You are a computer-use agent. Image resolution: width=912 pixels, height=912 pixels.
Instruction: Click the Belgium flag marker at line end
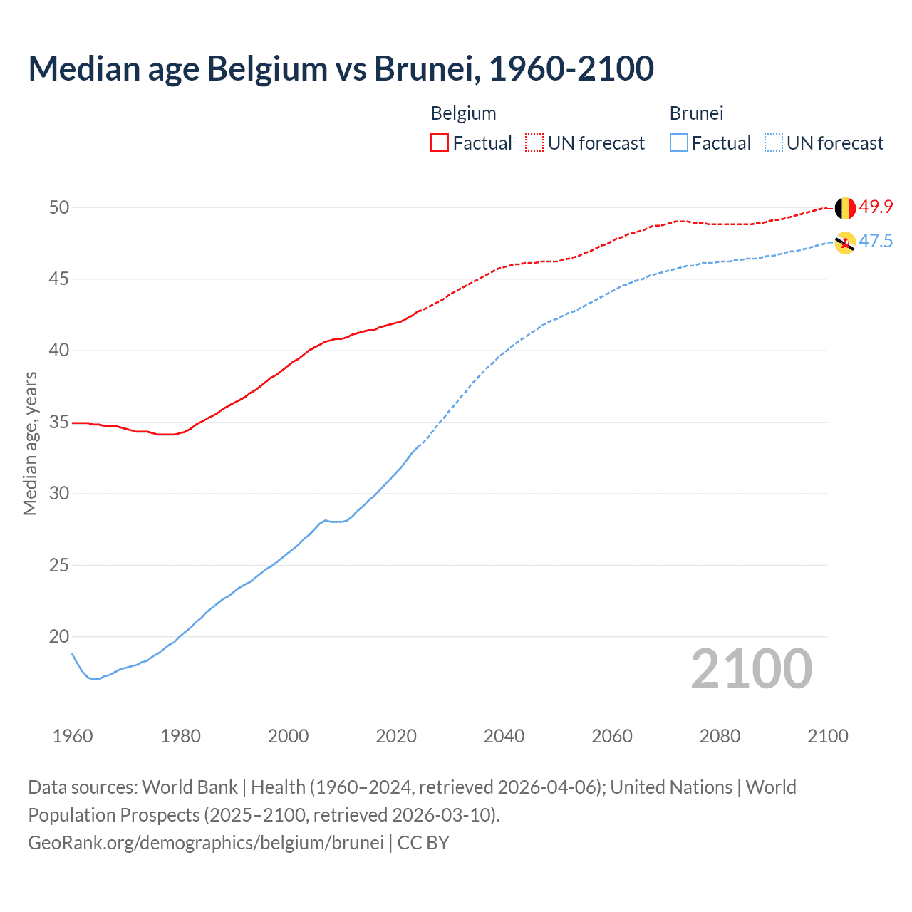click(845, 208)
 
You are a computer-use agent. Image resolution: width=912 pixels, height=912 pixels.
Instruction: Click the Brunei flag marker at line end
click(845, 242)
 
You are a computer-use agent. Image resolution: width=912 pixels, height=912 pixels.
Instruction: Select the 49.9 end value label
click(876, 207)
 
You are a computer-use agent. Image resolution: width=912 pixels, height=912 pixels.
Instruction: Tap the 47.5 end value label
click(876, 241)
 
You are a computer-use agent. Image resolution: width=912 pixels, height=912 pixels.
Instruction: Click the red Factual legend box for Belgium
click(440, 142)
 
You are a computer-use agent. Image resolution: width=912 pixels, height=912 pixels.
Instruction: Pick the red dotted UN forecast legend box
click(534, 142)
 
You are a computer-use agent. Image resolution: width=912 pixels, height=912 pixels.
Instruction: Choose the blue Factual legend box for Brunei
click(679, 142)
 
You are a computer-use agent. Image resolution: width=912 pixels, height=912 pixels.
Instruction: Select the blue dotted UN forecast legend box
click(774, 142)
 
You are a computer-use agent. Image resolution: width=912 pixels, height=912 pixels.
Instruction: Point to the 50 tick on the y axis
click(58, 207)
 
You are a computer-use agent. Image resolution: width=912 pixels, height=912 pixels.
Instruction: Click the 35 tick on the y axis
click(58, 422)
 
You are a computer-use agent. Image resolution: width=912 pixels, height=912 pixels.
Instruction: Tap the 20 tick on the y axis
click(58, 636)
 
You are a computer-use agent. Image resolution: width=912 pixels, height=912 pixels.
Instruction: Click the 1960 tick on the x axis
click(73, 736)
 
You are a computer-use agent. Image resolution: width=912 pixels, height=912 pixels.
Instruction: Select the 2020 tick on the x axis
click(396, 736)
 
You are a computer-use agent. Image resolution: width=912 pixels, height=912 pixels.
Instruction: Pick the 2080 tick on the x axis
click(720, 736)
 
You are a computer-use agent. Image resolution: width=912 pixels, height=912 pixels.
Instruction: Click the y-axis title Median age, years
click(30, 443)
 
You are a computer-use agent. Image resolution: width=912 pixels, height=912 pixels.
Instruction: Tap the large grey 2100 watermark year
click(751, 668)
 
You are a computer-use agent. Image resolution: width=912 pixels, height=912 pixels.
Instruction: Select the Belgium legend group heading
click(463, 113)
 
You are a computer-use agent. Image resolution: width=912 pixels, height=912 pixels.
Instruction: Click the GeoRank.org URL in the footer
click(206, 842)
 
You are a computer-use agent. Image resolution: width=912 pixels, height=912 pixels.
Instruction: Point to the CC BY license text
click(423, 842)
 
